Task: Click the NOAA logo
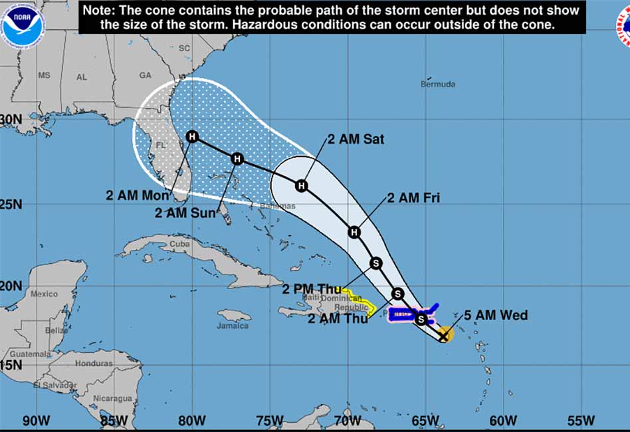click(23, 23)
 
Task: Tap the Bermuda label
click(438, 84)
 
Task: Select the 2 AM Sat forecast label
click(356, 140)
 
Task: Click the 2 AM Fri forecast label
click(413, 197)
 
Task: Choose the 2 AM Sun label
click(185, 213)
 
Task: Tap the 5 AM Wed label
click(496, 315)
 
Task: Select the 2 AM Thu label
click(337, 318)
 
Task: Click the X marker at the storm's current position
click(443, 336)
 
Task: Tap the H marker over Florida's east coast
click(192, 137)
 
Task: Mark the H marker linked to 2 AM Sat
click(301, 185)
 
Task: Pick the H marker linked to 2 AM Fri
click(354, 232)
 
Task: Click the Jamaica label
click(233, 326)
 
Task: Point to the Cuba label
click(180, 244)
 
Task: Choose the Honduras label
click(94, 364)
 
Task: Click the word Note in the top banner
click(100, 11)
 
